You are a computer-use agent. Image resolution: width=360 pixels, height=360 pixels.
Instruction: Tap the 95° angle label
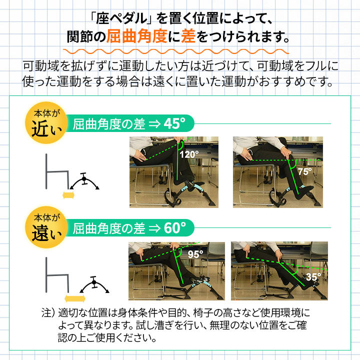point(195,254)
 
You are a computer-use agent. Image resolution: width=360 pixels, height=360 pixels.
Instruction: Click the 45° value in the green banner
point(171,124)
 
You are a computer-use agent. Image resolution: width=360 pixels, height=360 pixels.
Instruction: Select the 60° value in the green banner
point(171,228)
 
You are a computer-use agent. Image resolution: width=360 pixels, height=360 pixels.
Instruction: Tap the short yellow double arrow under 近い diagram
point(66,194)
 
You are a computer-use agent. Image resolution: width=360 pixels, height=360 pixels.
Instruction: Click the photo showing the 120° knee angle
point(170,171)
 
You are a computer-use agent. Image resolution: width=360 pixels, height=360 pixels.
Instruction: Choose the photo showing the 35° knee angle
point(279,270)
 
